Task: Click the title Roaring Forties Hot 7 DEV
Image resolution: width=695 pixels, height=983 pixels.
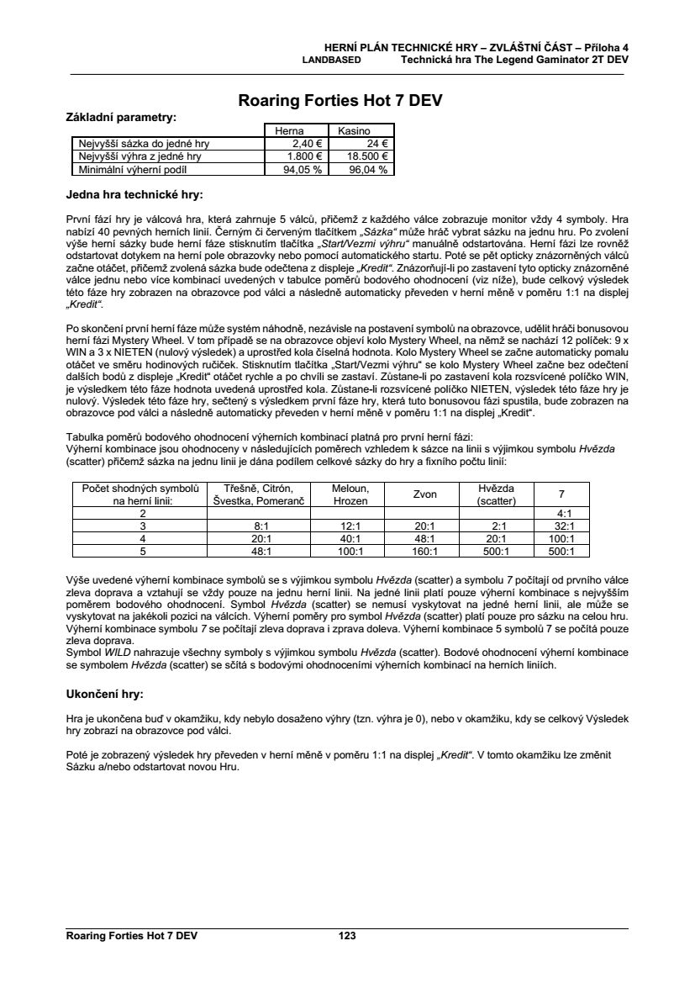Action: click(x=340, y=101)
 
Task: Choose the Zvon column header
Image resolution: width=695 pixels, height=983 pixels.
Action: click(x=424, y=494)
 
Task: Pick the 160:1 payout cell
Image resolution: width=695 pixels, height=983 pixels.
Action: click(x=424, y=552)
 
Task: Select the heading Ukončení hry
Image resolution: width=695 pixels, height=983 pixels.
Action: click(x=104, y=695)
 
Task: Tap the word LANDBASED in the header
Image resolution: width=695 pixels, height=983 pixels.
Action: click(x=332, y=61)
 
